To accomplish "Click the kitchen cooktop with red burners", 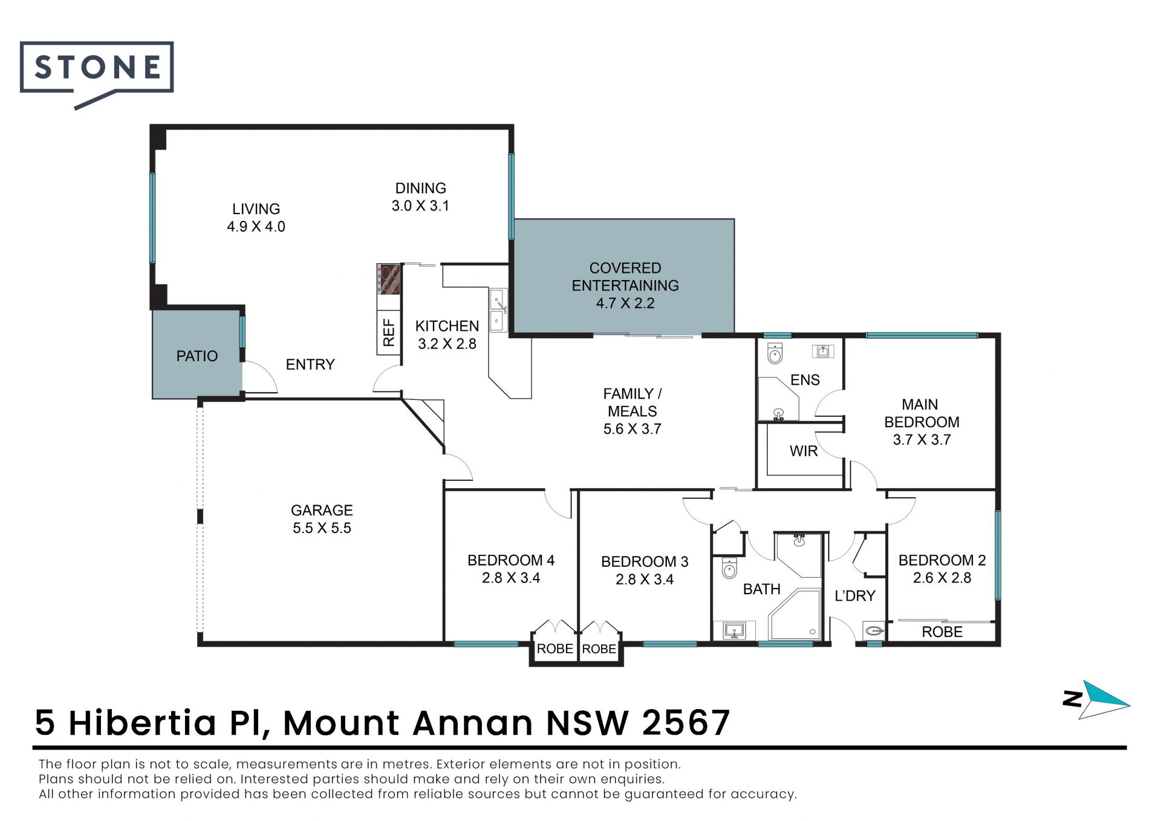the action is coord(389,279).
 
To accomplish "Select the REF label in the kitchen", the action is coord(389,332).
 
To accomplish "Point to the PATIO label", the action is coord(197,356).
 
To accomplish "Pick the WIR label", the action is coord(804,451).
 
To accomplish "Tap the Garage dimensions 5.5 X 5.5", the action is coord(322,528).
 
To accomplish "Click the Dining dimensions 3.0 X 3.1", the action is coord(420,206).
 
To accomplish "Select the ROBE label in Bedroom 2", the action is coord(942,632).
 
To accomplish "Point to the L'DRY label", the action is coord(855,596).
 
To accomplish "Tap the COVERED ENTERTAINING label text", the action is coord(625,276).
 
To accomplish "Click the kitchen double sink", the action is coord(498,310).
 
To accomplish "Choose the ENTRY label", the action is coord(310,364).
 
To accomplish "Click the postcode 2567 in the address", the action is coord(686,722).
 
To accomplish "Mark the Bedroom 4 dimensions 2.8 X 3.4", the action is coord(511,578).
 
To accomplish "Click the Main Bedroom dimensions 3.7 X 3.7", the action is coord(922,440).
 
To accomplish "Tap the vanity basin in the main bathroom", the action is coord(735,630).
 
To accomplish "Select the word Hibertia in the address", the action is coord(142,722).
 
